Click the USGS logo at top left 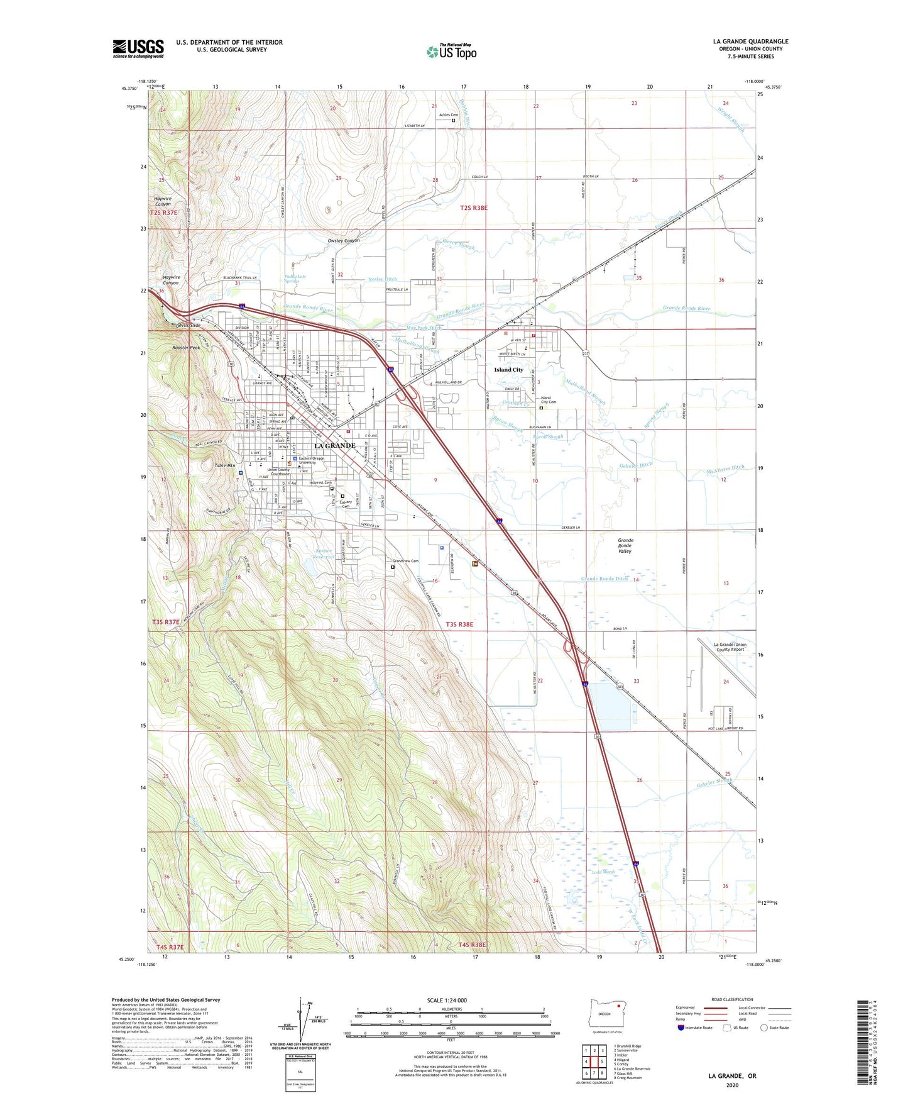point(138,48)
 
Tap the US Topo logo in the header point(451,52)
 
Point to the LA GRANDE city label point(335,445)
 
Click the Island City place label point(508,370)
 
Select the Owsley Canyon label point(343,241)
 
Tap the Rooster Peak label point(186,348)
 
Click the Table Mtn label point(224,466)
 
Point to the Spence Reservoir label point(324,554)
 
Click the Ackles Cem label point(448,114)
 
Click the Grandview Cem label point(405,561)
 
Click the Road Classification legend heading point(732,999)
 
